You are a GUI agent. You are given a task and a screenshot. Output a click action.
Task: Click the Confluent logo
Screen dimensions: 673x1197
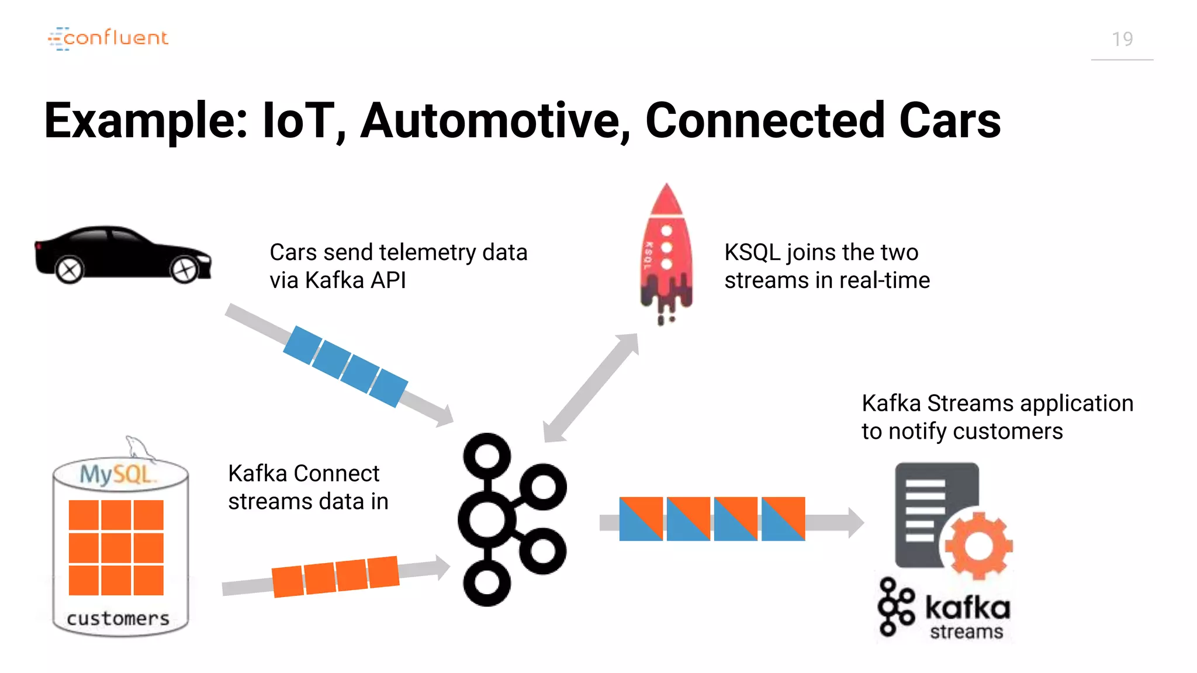point(109,39)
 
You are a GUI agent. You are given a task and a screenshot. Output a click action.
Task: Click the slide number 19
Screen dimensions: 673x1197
point(1122,39)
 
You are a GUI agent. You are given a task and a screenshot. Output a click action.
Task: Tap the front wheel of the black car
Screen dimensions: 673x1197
point(185,270)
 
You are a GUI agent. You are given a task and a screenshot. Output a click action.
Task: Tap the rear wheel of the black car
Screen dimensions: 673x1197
point(70,270)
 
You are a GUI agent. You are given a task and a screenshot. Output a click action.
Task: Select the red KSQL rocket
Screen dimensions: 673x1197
point(666,251)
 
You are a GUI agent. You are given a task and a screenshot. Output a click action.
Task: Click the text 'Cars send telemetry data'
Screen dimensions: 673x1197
point(398,252)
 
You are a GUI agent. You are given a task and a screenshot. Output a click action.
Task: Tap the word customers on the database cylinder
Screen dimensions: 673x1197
point(118,618)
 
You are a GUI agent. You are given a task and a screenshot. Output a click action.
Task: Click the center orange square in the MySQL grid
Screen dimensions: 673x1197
point(116,547)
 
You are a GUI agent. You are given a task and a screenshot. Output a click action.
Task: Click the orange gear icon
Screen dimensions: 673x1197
point(979,546)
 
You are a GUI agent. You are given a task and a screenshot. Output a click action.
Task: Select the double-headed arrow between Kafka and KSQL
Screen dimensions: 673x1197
point(591,387)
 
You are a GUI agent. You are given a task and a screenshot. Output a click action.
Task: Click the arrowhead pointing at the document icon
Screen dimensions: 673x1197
point(855,522)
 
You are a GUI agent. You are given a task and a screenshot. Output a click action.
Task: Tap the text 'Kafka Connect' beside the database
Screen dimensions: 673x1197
point(303,473)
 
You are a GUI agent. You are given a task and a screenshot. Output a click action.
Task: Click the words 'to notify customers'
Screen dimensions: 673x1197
point(962,432)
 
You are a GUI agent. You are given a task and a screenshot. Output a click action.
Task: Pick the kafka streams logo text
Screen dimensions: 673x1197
point(967,617)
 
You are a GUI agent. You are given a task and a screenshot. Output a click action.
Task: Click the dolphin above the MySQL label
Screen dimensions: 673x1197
point(139,448)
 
